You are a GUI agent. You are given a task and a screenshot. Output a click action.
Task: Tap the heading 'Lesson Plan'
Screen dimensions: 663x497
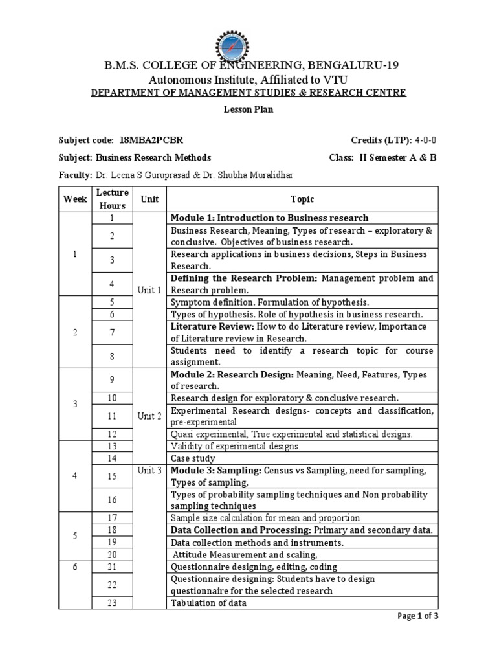(x=248, y=109)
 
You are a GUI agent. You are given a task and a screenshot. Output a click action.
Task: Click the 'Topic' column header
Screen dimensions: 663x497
(x=302, y=199)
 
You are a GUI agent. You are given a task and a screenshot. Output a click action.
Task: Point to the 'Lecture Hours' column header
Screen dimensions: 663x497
(x=112, y=199)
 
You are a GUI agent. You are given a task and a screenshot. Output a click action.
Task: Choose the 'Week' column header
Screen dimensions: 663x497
(x=75, y=199)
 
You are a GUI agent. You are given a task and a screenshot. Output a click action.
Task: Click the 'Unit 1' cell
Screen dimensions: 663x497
(x=149, y=290)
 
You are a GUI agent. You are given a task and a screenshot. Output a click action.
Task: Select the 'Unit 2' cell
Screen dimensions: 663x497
(x=149, y=416)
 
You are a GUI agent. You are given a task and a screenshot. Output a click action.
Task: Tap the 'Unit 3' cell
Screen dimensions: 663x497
(x=149, y=471)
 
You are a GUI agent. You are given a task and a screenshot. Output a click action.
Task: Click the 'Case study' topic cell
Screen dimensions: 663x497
(x=193, y=458)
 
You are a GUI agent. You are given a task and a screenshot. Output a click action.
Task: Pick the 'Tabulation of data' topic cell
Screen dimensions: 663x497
(x=208, y=603)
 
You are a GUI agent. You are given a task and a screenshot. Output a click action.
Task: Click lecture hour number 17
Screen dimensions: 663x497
(x=112, y=518)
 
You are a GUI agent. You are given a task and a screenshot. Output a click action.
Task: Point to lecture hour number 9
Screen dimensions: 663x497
(x=112, y=380)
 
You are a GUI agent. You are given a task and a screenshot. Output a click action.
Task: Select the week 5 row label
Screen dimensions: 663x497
(x=75, y=537)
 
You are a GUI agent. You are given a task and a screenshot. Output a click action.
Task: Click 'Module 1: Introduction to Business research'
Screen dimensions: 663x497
(x=269, y=218)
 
